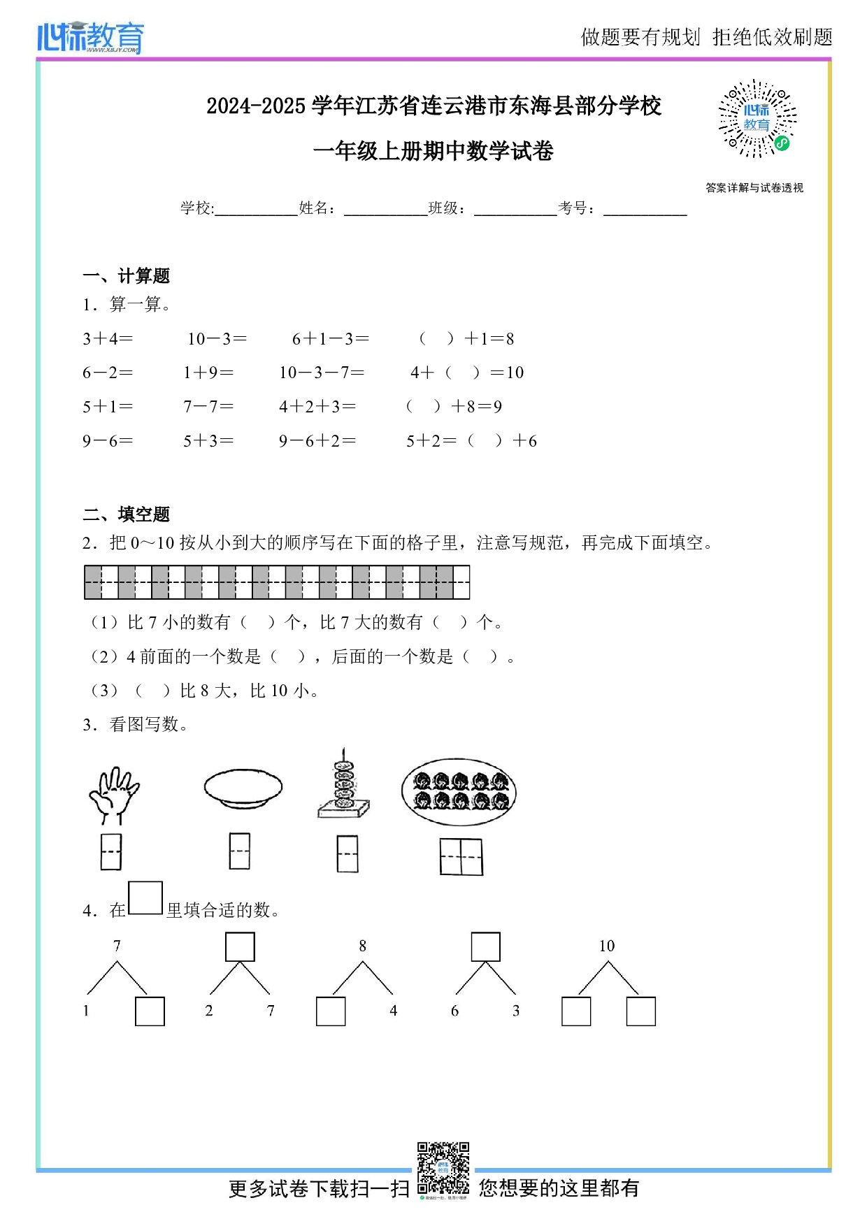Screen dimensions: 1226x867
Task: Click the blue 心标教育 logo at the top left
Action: pyautogui.click(x=91, y=37)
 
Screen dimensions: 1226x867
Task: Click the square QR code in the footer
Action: pyautogui.click(x=443, y=1167)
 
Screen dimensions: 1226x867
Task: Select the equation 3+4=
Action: pyautogui.click(x=108, y=339)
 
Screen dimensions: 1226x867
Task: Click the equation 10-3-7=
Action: pyautogui.click(x=322, y=373)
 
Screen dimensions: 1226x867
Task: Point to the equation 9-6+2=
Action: pyautogui.click(x=317, y=441)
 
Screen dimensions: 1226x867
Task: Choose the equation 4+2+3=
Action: pyautogui.click(x=317, y=407)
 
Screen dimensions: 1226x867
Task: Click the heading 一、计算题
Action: pyautogui.click(x=127, y=276)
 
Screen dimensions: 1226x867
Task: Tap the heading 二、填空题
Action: pyautogui.click(x=127, y=514)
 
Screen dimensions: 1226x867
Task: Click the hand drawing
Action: pyautogui.click(x=113, y=795)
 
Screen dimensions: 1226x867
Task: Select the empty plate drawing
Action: pyautogui.click(x=243, y=788)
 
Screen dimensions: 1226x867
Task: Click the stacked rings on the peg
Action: pyautogui.click(x=343, y=783)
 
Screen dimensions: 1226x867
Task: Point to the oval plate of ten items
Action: pyautogui.click(x=458, y=792)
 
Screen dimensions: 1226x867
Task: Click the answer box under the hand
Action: pyautogui.click(x=111, y=851)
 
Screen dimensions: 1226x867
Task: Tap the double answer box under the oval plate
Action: pyautogui.click(x=461, y=856)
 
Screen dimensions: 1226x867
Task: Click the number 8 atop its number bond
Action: pyautogui.click(x=362, y=946)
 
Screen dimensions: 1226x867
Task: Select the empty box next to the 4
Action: pyautogui.click(x=331, y=1011)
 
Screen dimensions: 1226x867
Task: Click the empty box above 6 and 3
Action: pyautogui.click(x=485, y=947)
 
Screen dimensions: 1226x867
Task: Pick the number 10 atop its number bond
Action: pyautogui.click(x=606, y=946)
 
